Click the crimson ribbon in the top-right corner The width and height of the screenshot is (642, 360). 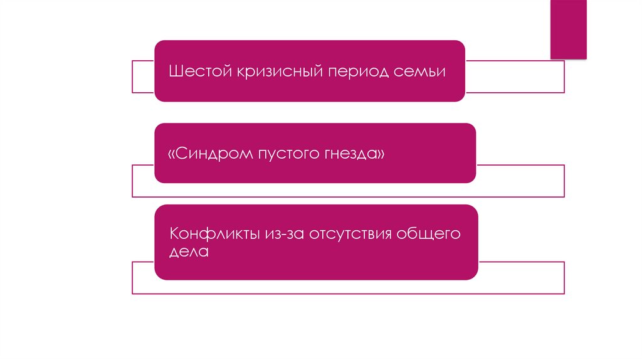point(568,29)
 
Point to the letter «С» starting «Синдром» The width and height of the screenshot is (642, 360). point(181,153)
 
